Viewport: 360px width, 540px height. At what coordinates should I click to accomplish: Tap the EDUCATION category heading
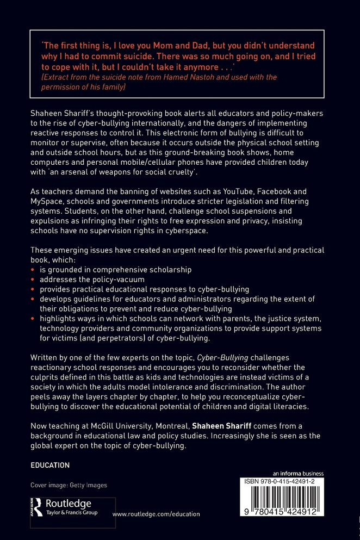(50, 465)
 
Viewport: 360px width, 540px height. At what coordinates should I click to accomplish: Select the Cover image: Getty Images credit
(69, 485)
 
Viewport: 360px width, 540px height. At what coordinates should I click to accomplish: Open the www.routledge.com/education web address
(156, 514)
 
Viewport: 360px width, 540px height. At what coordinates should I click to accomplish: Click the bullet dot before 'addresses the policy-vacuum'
(34, 280)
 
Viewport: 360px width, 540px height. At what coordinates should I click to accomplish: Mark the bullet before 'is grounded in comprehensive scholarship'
(34, 270)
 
